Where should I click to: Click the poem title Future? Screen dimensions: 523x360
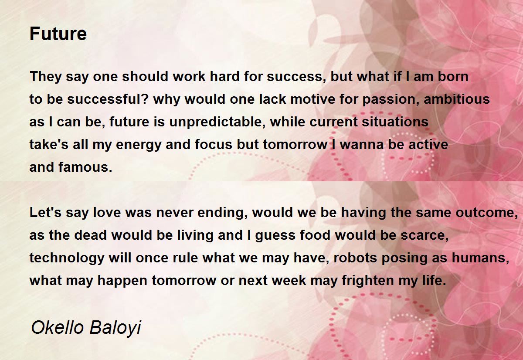coord(58,34)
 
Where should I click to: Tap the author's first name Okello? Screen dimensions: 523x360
coord(57,327)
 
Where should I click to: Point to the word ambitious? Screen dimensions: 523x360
coord(456,99)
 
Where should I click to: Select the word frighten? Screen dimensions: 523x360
coord(368,281)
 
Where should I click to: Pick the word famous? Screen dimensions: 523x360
coord(85,167)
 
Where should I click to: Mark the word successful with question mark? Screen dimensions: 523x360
coord(108,99)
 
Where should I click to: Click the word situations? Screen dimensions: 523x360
coord(395,122)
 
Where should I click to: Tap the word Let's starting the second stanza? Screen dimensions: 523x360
coord(45,212)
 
